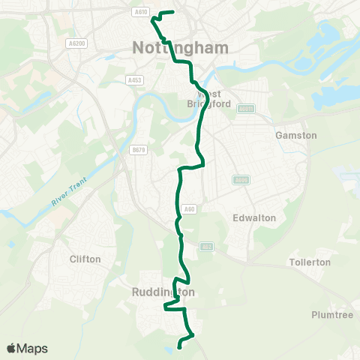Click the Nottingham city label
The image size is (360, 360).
[x=180, y=47]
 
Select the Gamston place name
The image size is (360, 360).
[x=296, y=135]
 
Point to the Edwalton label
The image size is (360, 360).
[x=255, y=217]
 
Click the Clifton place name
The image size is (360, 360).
[x=85, y=259]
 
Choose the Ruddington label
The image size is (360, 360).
[x=163, y=292]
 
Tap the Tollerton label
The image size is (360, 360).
[x=310, y=262]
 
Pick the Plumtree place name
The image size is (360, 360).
[x=332, y=315]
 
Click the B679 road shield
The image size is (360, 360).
[x=137, y=150]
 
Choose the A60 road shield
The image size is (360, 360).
[x=190, y=210]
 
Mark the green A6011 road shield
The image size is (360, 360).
[x=244, y=108]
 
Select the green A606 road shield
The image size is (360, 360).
[x=240, y=180]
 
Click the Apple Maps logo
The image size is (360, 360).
[x=27, y=348]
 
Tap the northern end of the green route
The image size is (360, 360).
[x=172, y=12]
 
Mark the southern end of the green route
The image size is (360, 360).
[x=179, y=346]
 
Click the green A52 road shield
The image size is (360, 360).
[x=207, y=245]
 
